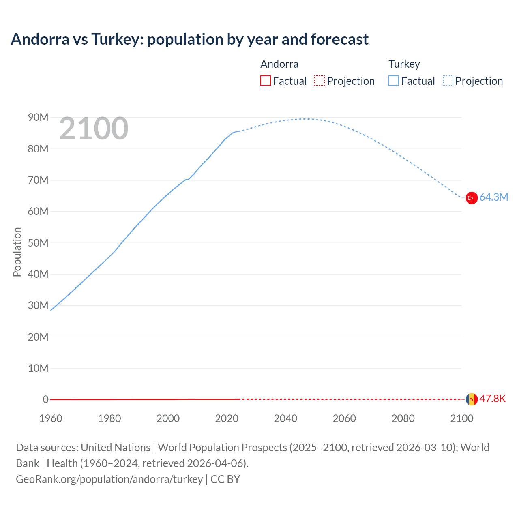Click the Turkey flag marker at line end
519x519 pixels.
[x=472, y=198]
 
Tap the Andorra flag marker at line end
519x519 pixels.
[x=472, y=399]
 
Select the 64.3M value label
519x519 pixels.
[x=493, y=197]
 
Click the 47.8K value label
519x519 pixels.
[x=493, y=399]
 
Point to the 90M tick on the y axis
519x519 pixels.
[x=38, y=118]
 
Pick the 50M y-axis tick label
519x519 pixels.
[x=38, y=243]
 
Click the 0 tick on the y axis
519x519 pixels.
[x=45, y=399]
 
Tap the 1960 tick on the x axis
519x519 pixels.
[x=51, y=418]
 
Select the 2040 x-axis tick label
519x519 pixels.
[x=285, y=418]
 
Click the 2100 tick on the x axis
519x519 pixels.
[x=461, y=418]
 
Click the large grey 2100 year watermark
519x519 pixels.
[x=94, y=129]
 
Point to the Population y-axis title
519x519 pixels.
[x=17, y=252]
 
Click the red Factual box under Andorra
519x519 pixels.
[x=266, y=81]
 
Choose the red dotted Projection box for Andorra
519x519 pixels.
[x=320, y=81]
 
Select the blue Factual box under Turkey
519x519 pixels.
[x=394, y=81]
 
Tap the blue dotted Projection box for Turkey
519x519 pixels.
[x=448, y=81]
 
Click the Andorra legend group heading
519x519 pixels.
[x=279, y=64]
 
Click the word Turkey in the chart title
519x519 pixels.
[x=117, y=39]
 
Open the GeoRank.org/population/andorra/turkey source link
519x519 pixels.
[x=109, y=479]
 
